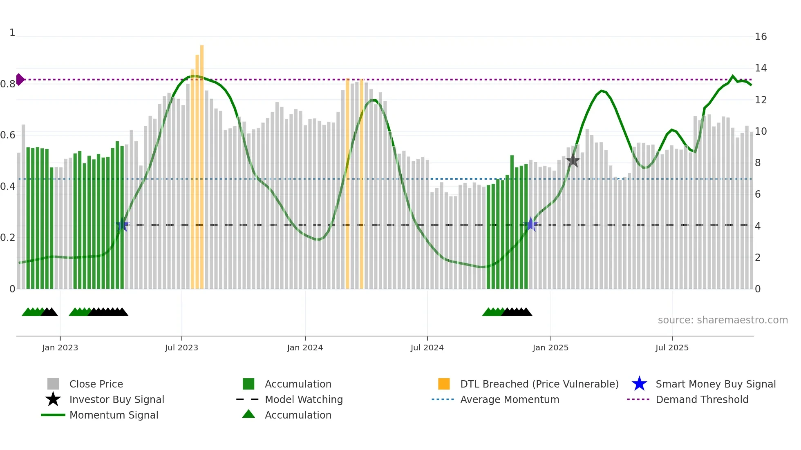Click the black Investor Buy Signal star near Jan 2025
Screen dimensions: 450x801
573,160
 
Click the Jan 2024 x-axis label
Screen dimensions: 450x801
305,348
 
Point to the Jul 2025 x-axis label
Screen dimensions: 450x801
672,348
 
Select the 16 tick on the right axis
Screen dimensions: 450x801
761,37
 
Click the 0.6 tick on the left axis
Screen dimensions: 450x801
8,135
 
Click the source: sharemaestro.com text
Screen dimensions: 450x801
723,320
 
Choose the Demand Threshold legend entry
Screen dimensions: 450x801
702,400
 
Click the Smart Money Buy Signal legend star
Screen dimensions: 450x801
639,384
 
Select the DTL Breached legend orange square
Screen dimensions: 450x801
444,384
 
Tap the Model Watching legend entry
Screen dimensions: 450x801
303,400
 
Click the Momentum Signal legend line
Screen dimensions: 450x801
53,415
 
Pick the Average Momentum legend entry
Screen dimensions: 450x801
509,400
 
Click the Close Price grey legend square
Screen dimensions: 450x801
53,384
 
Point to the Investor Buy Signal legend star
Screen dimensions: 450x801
53,400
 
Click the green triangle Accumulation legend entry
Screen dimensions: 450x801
248,414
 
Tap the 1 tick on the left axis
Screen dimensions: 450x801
12,33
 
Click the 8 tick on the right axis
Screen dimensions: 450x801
758,163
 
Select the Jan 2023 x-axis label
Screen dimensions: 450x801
60,348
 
